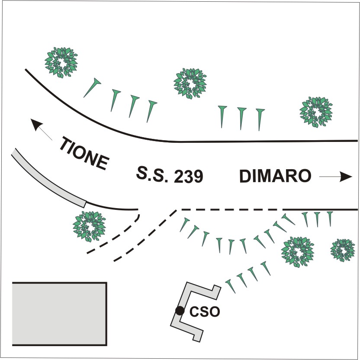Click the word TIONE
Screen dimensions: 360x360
click(84, 154)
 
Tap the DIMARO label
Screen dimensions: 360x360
click(275, 177)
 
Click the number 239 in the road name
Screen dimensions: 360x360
click(187, 177)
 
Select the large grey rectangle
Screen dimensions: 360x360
click(59, 314)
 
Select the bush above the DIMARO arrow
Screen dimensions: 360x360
click(316, 111)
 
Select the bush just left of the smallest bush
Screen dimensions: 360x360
click(298, 252)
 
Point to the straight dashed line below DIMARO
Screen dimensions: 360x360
click(229, 210)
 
